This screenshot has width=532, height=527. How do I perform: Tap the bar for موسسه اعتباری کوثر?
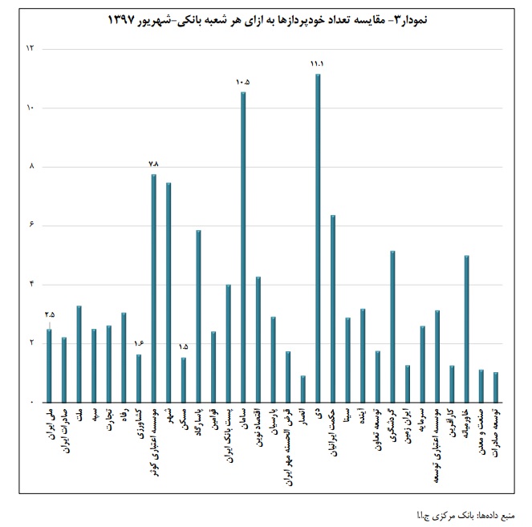(x=153, y=288)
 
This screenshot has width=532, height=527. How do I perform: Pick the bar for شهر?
(x=169, y=292)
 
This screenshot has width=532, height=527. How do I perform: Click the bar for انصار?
(x=303, y=388)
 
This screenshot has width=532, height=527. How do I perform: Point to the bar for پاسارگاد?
(x=198, y=316)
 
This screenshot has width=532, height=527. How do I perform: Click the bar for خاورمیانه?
(x=466, y=328)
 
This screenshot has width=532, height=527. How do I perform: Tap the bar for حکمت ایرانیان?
(x=333, y=309)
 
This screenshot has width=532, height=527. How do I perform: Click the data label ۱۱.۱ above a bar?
(x=317, y=63)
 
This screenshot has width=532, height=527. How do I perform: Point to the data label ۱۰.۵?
(x=243, y=82)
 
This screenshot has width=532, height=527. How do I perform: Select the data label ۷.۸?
(x=154, y=164)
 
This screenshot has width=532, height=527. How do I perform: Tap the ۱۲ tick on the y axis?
(x=31, y=49)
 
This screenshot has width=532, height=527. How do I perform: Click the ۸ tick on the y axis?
(x=31, y=167)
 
